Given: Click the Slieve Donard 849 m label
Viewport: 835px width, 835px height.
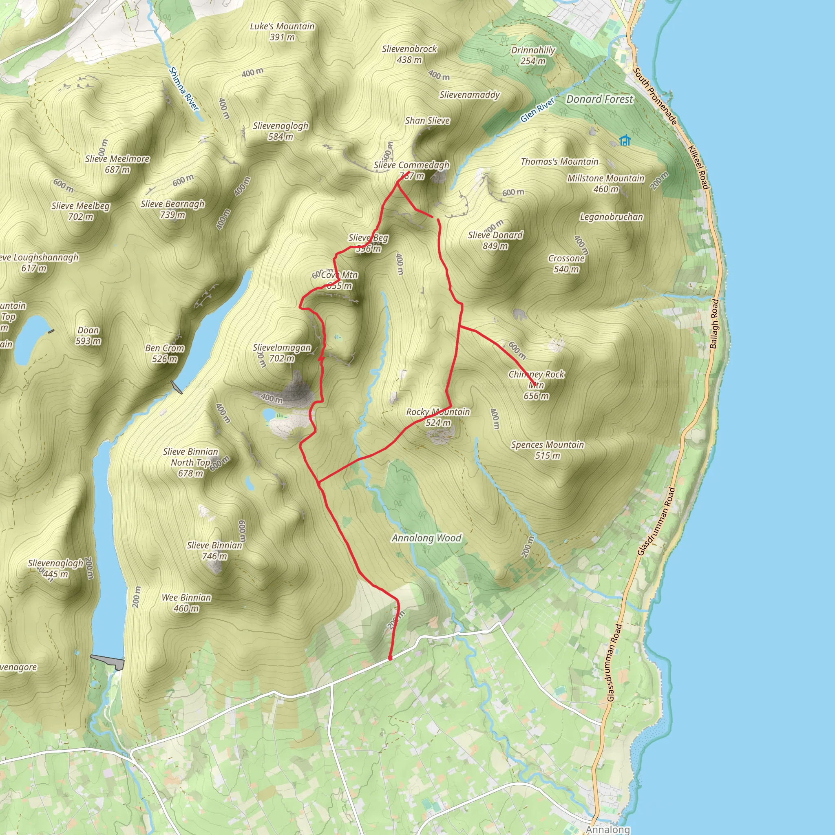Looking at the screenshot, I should tap(495, 240).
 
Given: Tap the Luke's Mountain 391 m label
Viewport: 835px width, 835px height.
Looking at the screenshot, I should tap(282, 31).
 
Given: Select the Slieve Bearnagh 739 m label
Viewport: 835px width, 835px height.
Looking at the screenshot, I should tap(172, 209).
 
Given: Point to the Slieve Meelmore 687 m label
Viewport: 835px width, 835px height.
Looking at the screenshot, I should tap(117, 164).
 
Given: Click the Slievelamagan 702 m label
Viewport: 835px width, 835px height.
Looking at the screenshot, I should tap(282, 353).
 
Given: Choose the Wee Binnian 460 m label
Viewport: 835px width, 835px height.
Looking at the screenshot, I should tap(186, 603).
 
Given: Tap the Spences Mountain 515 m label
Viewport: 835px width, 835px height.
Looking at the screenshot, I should tap(547, 450).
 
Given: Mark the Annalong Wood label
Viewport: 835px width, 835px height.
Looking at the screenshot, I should tap(426, 538).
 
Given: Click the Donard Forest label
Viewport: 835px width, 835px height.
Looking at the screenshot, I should tap(599, 99).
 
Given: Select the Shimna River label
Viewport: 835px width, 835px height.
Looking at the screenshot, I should tap(184, 89).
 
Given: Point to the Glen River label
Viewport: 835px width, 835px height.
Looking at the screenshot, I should tap(537, 110).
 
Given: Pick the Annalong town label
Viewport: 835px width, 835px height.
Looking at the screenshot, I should tap(607, 829).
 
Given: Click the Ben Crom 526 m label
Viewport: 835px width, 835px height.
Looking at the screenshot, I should tap(165, 353).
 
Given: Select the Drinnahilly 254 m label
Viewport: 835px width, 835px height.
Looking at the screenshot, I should tap(533, 55).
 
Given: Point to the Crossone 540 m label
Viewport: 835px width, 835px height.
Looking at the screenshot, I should tap(566, 264).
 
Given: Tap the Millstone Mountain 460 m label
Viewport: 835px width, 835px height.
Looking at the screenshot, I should tap(605, 183).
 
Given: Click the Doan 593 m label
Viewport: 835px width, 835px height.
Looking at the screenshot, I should tap(88, 336).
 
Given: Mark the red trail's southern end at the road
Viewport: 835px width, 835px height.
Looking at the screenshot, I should tap(390, 658).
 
